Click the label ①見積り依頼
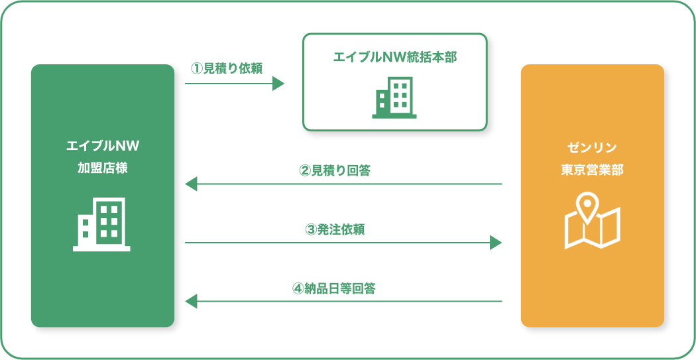point(227,68)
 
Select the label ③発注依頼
point(335,230)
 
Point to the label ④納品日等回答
point(334,289)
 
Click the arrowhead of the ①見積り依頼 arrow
point(278,84)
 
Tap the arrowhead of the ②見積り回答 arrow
point(191,184)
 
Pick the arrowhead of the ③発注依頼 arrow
point(496,243)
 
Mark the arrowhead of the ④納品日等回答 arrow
point(191,302)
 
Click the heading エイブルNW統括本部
point(394,57)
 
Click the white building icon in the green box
point(101,225)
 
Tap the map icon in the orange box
point(592,221)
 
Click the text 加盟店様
point(103,168)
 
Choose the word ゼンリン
point(592,147)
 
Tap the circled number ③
point(311,231)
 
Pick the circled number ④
point(298,290)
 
